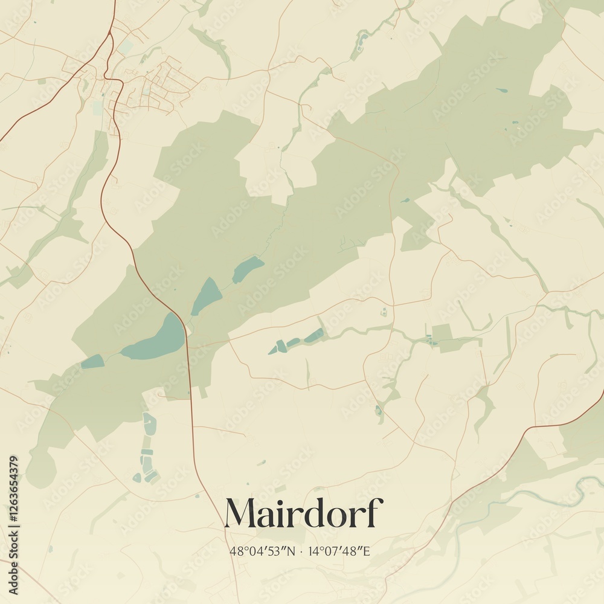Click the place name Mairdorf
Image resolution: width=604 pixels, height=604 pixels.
pos(303,514)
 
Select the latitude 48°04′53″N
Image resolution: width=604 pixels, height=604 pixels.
pos(260,551)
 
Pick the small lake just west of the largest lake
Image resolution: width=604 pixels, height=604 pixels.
pos(92,362)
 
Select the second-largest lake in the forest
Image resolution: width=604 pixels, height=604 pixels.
pos(207,296)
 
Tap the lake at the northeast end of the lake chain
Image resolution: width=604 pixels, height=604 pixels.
pos(248,269)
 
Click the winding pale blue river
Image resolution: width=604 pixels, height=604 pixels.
pos(544,491)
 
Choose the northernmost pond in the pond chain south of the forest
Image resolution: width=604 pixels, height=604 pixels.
pos(149,423)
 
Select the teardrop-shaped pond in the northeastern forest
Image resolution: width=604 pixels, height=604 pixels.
pos(502,91)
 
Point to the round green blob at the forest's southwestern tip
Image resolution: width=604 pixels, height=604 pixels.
pos(41,467)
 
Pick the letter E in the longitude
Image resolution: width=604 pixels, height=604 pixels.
pos(366,551)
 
